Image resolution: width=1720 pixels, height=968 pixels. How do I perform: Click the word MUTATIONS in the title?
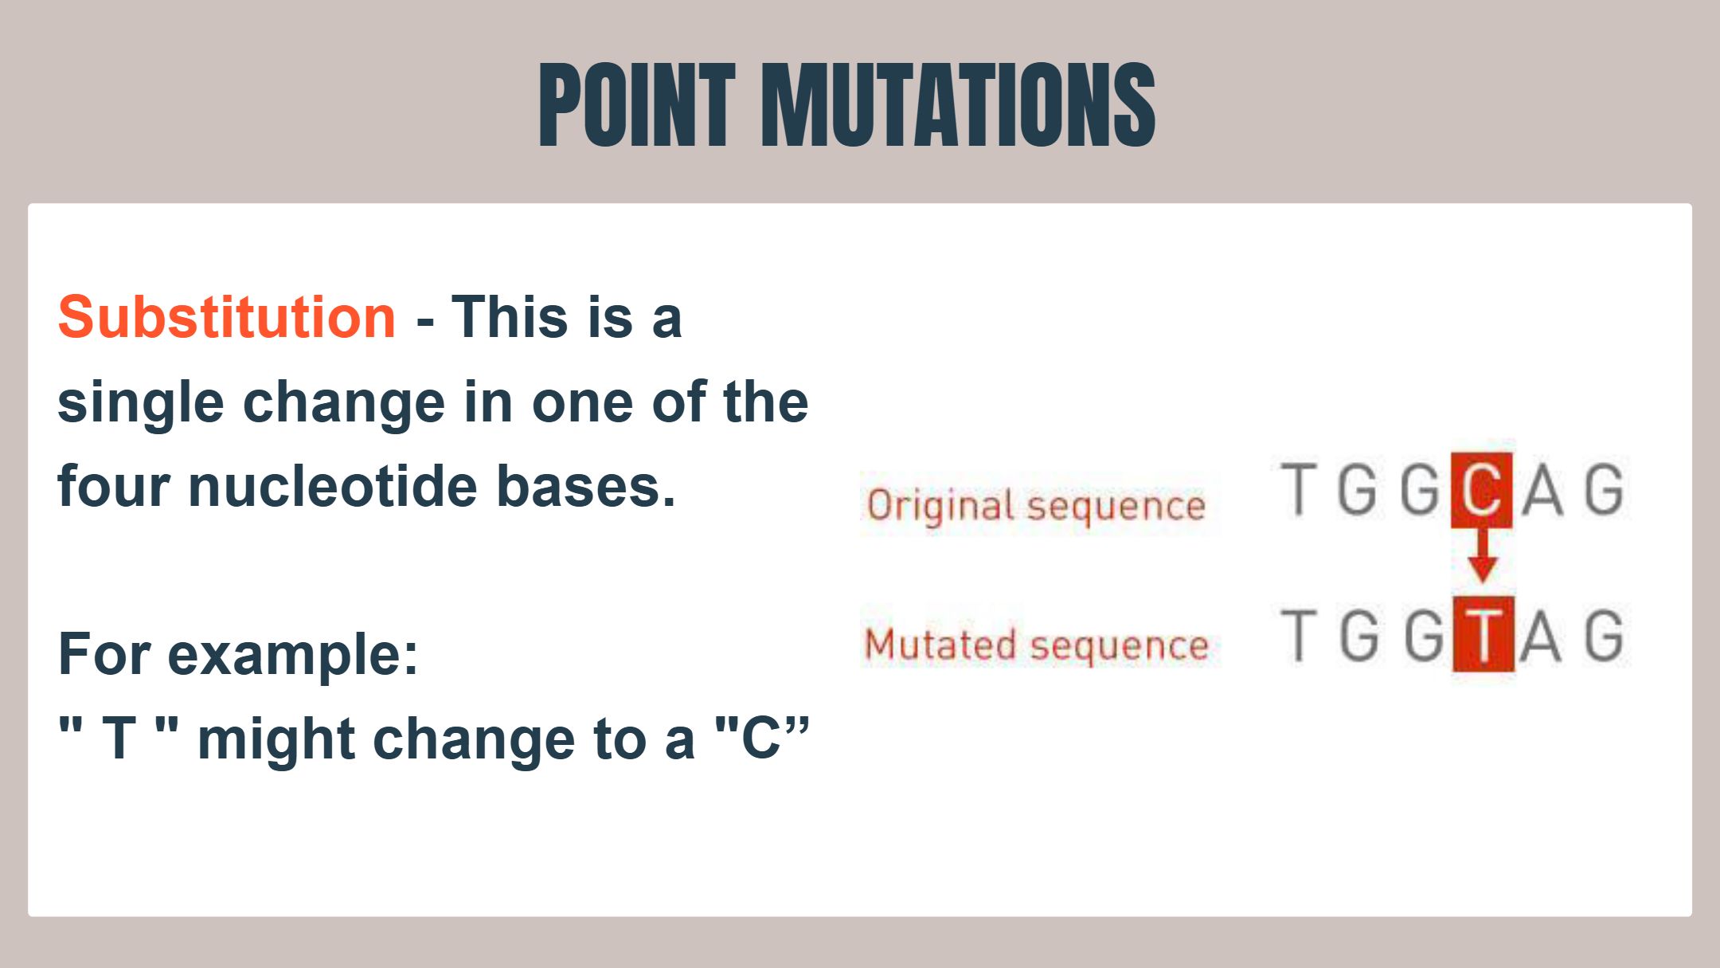pyautogui.click(x=959, y=105)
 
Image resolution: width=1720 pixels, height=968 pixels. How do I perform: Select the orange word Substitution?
pyautogui.click(x=227, y=317)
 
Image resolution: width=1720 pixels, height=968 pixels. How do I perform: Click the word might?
pyautogui.click(x=276, y=741)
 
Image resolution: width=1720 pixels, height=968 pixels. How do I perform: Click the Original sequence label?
pyautogui.click(x=1036, y=506)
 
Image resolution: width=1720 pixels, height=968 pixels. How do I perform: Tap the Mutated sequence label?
pyautogui.click(x=1037, y=645)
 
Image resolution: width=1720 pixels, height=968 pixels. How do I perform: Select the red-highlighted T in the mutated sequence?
pyautogui.click(x=1483, y=635)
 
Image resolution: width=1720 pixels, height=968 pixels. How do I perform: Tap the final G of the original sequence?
pyautogui.click(x=1604, y=488)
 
